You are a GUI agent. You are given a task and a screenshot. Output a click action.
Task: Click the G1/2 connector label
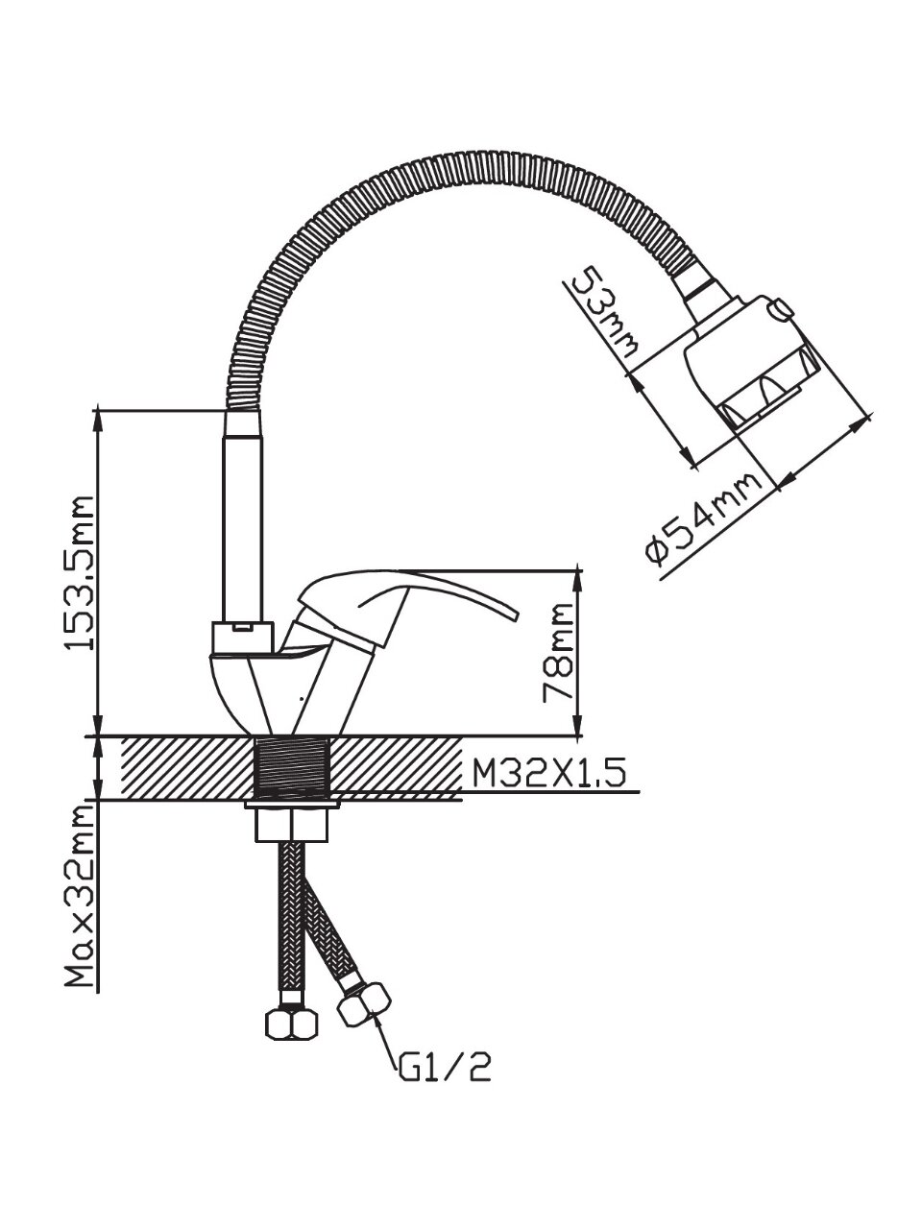(x=445, y=1065)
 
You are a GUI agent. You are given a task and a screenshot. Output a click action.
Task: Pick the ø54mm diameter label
(x=707, y=522)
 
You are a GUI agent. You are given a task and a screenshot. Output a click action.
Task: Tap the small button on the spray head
(x=780, y=308)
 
